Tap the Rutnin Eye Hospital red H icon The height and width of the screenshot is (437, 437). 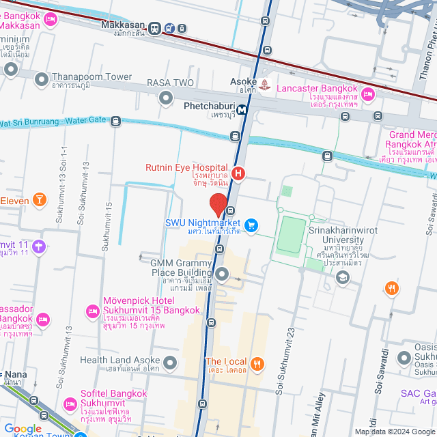coord(238,173)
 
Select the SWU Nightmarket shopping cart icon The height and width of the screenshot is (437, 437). coord(251,225)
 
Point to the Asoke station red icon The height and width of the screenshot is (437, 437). coord(265,85)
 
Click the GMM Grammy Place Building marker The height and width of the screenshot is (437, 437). coord(222,274)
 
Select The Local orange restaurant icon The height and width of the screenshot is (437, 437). coord(257,363)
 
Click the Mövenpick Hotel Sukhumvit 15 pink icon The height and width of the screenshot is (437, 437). coord(93,312)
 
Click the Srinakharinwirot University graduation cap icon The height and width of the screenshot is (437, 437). coord(342,277)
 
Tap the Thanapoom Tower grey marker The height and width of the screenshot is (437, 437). coord(42,79)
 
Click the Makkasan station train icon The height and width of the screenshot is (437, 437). coord(156,29)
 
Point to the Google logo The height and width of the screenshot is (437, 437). coord(23,428)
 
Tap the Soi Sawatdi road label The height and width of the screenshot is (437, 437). coord(380,373)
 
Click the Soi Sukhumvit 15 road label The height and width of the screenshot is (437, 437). coord(107,226)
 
